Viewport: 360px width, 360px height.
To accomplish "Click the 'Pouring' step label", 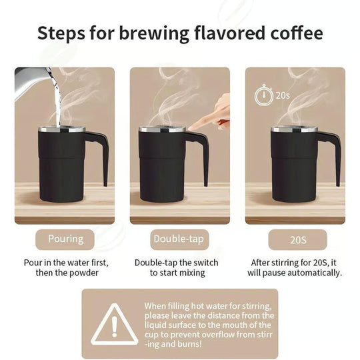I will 66,239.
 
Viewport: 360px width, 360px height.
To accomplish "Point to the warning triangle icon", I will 114,324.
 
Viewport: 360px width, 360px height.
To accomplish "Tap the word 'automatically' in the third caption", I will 313,273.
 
